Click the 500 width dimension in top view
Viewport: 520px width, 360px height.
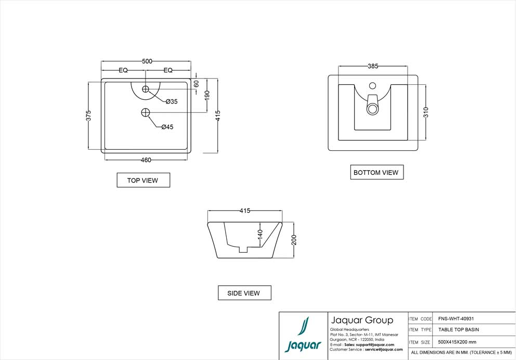point(147,61)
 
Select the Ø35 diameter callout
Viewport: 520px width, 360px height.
point(172,101)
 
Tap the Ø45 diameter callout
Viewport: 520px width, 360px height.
point(167,126)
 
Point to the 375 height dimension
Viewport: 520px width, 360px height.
point(89,115)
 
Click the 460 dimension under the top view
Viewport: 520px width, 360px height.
point(146,160)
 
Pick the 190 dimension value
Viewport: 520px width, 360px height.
point(207,95)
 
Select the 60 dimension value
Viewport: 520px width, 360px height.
point(196,84)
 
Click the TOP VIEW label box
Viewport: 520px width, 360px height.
point(143,181)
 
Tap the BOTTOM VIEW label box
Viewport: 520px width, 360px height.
point(376,172)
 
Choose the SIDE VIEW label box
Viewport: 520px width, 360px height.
point(244,293)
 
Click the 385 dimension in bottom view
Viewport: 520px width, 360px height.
point(373,66)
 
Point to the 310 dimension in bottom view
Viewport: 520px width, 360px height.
point(426,112)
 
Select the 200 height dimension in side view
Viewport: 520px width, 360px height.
point(294,240)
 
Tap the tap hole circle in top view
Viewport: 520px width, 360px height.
point(146,89)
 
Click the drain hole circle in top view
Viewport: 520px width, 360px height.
point(146,112)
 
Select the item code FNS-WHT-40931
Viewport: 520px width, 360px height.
point(456,319)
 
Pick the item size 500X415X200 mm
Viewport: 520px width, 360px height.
point(457,342)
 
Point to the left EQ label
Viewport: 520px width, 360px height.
point(123,70)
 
